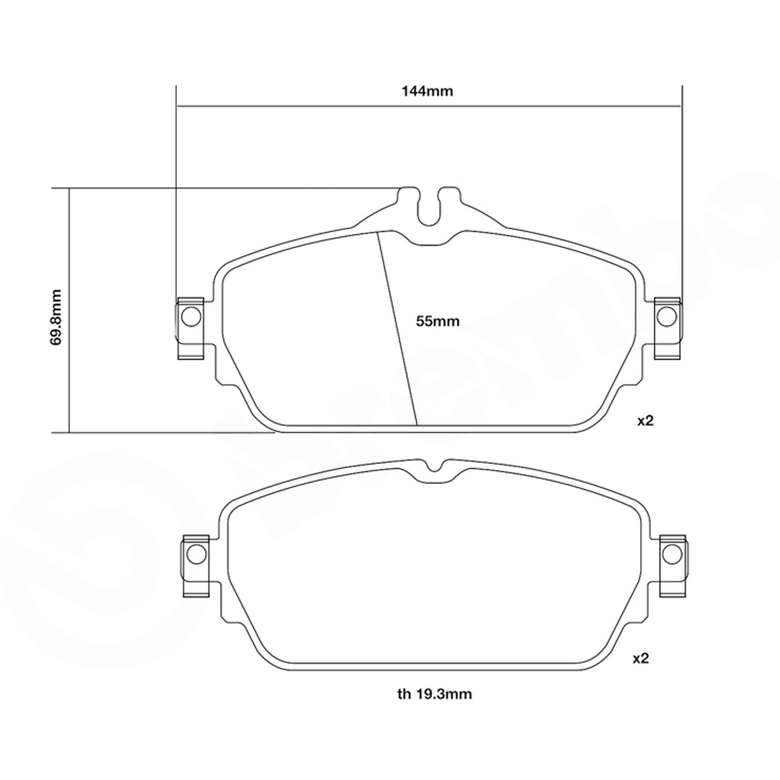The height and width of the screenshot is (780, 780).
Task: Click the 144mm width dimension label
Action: [427, 90]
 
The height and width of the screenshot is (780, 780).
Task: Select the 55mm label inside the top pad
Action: [438, 320]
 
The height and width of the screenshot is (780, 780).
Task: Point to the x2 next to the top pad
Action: [644, 420]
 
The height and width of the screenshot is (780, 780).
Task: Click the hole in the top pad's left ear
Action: [190, 316]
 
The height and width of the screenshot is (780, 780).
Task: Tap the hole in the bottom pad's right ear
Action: [671, 554]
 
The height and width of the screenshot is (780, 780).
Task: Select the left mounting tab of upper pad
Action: [190, 328]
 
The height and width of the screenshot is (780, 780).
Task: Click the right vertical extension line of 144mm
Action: [682, 195]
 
